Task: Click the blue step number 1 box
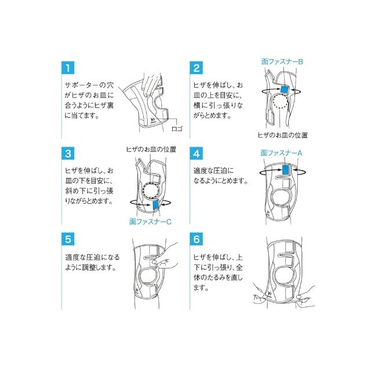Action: tap(68, 68)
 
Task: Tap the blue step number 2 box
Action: tap(196, 68)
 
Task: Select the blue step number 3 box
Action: tap(68, 154)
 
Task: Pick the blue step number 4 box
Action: tap(196, 154)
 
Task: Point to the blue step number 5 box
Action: tap(68, 239)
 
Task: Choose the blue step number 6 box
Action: tap(196, 239)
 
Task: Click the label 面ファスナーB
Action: tap(282, 61)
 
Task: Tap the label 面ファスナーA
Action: tap(281, 153)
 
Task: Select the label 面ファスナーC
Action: tap(151, 221)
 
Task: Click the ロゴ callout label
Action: tap(177, 129)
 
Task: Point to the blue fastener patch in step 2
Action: tap(284, 89)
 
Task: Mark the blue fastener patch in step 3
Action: tap(156, 205)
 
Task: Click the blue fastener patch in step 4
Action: tap(286, 170)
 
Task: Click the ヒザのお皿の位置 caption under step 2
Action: tap(282, 135)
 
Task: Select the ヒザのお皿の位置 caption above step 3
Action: tap(151, 150)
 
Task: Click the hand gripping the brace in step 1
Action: tap(151, 84)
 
